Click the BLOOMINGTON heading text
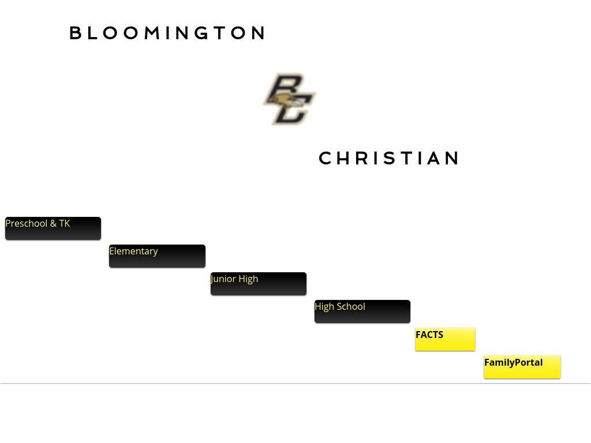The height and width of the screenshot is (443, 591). pyautogui.click(x=167, y=33)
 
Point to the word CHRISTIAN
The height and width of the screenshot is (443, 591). pyautogui.click(x=390, y=158)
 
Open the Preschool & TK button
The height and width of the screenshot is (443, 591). pyautogui.click(x=53, y=228)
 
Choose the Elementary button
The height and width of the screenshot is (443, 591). pyautogui.click(x=157, y=256)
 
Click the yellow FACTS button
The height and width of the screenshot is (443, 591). pyautogui.click(x=445, y=339)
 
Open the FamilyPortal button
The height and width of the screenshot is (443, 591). pyautogui.click(x=522, y=367)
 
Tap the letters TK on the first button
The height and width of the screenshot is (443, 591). pyautogui.click(x=64, y=223)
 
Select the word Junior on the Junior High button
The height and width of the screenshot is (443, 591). pyautogui.click(x=223, y=279)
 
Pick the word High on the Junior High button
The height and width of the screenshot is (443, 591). pyautogui.click(x=248, y=279)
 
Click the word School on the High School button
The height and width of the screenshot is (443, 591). pyautogui.click(x=351, y=306)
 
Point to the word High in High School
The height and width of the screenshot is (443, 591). pyautogui.click(x=324, y=306)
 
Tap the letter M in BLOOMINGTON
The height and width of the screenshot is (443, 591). pyautogui.click(x=151, y=33)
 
